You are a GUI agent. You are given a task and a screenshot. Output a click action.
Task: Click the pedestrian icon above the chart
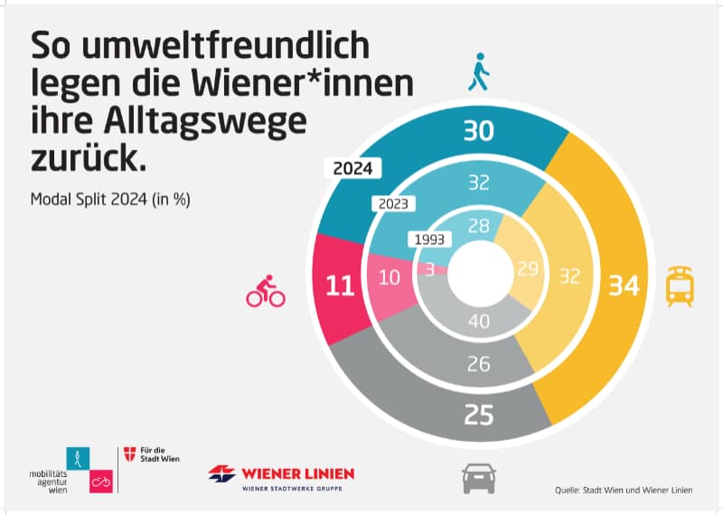tap(477, 73)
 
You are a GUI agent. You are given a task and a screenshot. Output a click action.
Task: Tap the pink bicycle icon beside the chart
tap(266, 292)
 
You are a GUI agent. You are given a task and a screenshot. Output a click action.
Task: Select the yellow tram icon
tap(680, 286)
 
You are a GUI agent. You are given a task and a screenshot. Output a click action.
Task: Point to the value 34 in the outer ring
tap(623, 286)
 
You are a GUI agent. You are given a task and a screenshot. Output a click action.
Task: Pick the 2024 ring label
tap(353, 168)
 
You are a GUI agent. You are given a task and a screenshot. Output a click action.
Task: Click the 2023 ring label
tap(393, 204)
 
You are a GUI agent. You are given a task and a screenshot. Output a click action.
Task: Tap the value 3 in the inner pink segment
tap(429, 269)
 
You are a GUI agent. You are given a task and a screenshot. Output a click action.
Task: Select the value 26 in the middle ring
tap(479, 364)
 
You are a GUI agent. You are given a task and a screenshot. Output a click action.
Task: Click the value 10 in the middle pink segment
tap(390, 278)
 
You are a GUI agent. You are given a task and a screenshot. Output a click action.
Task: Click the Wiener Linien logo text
tap(297, 473)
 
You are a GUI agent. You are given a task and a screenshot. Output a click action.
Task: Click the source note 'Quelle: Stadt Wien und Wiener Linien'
tap(624, 491)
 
